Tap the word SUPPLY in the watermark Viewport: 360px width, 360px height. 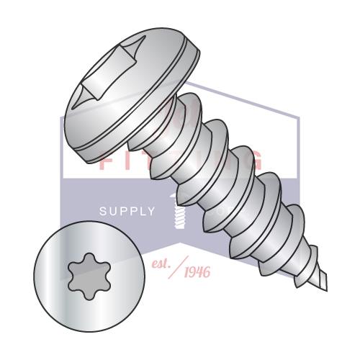click(127, 212)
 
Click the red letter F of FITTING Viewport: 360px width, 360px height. click(106, 160)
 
